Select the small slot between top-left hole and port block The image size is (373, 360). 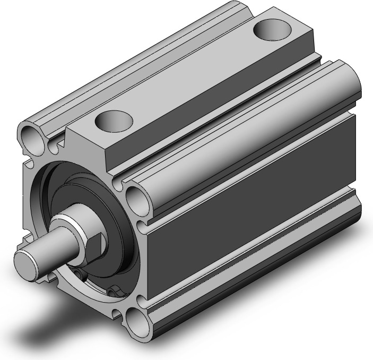coord(56,143)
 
